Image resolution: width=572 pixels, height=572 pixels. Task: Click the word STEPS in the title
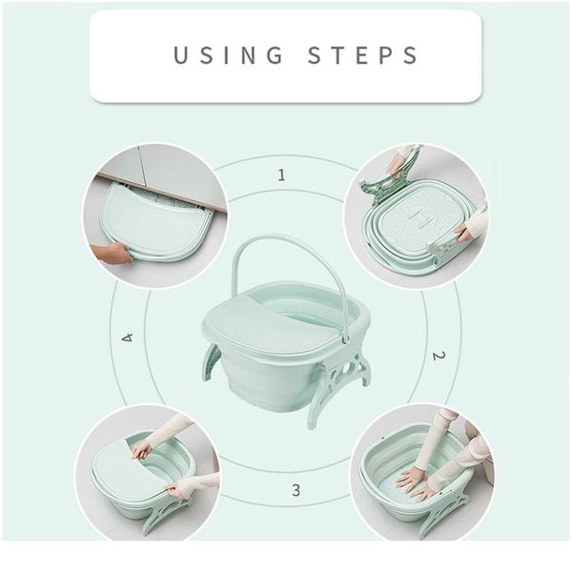click(364, 55)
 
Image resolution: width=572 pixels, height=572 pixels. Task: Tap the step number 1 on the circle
click(281, 174)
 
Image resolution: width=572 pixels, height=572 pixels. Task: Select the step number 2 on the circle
click(438, 356)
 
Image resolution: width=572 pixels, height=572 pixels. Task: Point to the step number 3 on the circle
click(296, 490)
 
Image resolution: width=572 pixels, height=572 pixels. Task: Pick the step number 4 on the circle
click(127, 337)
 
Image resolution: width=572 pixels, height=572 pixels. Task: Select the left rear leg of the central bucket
click(212, 362)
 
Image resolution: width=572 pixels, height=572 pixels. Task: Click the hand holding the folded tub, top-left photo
click(112, 254)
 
